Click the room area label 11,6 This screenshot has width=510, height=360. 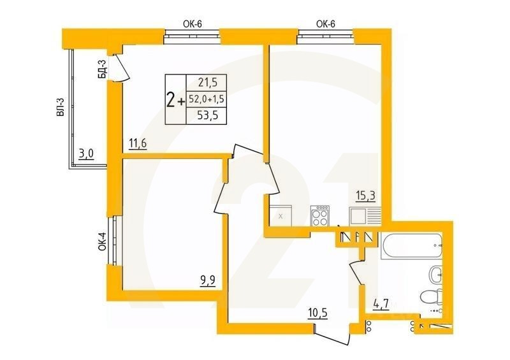pyautogui.click(x=138, y=144)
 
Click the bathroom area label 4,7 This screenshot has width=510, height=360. pyautogui.click(x=381, y=304)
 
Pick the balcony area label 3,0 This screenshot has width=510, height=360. pyautogui.click(x=87, y=153)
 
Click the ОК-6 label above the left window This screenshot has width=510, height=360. pyautogui.click(x=193, y=24)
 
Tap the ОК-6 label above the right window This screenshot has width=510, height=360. pyautogui.click(x=326, y=24)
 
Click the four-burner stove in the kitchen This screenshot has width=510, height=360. pyautogui.click(x=320, y=217)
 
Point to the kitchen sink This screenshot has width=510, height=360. pyautogui.click(x=361, y=217)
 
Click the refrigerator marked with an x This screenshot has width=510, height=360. pyautogui.click(x=281, y=217)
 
